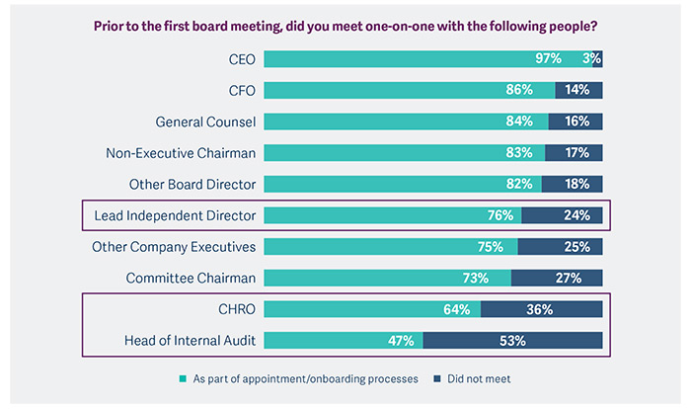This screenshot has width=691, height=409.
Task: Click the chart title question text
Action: pyautogui.click(x=345, y=25)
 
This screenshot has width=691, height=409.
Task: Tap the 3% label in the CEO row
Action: pyautogui.click(x=591, y=59)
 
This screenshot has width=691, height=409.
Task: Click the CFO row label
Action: pyautogui.click(x=241, y=91)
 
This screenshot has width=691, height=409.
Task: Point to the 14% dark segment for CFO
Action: pyautogui.click(x=577, y=91)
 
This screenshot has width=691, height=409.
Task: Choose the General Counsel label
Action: pyautogui.click(x=205, y=123)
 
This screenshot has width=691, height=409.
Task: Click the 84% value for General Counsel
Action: pyautogui.click(x=532, y=123)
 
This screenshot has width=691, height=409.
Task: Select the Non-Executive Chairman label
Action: pyautogui.click(x=181, y=153)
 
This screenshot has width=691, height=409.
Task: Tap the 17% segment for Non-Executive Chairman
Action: pyautogui.click(x=576, y=153)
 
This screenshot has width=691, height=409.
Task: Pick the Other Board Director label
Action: pyautogui.click(x=192, y=184)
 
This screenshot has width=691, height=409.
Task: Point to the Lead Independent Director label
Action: pyautogui.click(x=175, y=215)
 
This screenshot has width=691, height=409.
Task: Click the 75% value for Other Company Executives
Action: pyautogui.click(x=501, y=247)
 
